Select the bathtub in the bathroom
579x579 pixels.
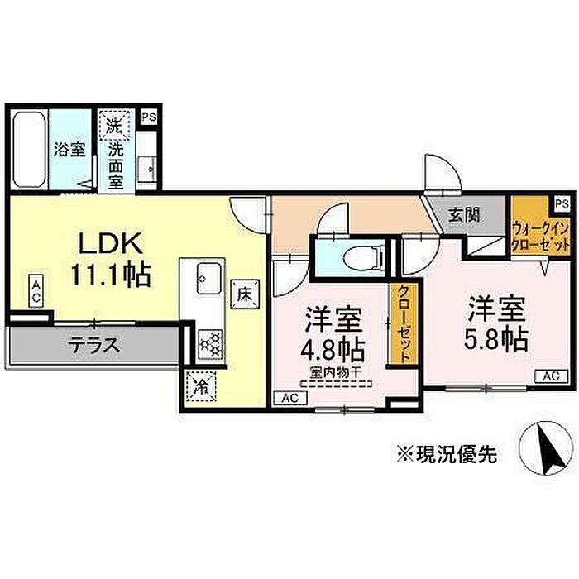(x=31, y=151)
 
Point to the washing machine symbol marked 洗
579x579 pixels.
(x=113, y=127)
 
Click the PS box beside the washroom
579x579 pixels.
(x=149, y=118)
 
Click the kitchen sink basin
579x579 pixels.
(x=206, y=276)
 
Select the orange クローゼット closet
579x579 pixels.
(x=402, y=323)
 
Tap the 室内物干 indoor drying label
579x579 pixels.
(x=333, y=371)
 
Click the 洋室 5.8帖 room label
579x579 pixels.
(x=496, y=323)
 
